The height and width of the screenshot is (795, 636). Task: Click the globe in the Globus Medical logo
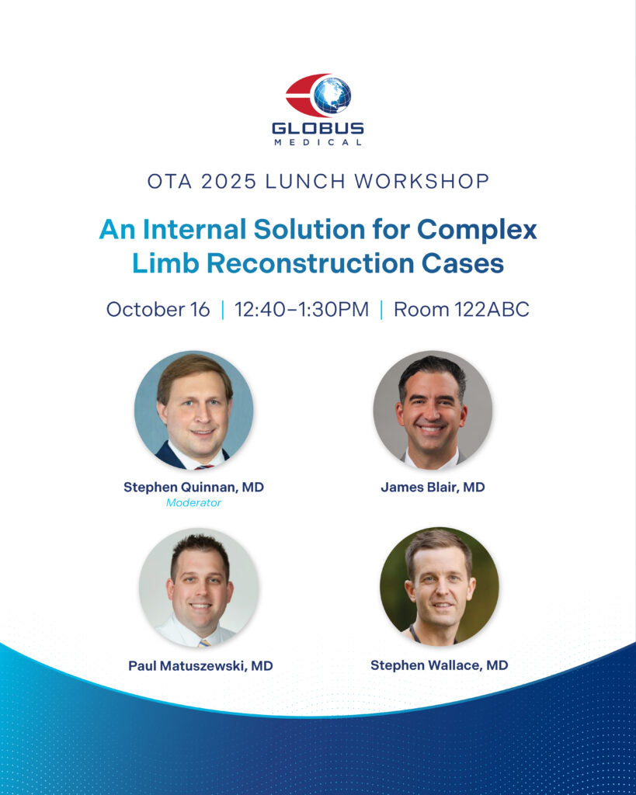[x=332, y=95]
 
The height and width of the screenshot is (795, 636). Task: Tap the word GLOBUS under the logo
[x=318, y=128]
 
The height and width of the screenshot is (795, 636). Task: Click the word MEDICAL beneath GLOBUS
[x=318, y=143]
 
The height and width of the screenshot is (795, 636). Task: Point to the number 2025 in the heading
[x=229, y=181]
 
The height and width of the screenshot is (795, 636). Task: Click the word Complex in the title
[x=477, y=230]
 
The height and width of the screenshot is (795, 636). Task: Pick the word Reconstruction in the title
[x=311, y=263]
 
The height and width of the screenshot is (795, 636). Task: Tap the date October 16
[x=158, y=309]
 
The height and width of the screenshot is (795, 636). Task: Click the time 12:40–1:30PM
[x=302, y=309]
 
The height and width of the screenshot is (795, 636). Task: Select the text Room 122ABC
[x=461, y=309]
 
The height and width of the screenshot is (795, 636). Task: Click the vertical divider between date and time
[x=223, y=309]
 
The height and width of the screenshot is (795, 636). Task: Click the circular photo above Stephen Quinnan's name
[x=193, y=410]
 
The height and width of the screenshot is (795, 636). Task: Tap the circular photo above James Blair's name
[x=433, y=410]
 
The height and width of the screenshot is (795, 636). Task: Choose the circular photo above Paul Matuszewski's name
[x=199, y=588]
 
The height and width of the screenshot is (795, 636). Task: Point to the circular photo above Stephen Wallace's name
[x=440, y=587]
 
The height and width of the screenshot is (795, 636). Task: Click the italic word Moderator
[x=193, y=502]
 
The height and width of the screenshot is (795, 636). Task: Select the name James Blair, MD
[x=433, y=488]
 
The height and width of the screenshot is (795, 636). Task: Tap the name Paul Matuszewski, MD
[x=200, y=665]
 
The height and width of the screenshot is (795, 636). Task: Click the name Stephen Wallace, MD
[x=440, y=665]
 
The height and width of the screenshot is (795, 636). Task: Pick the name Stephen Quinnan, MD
[x=193, y=488]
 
